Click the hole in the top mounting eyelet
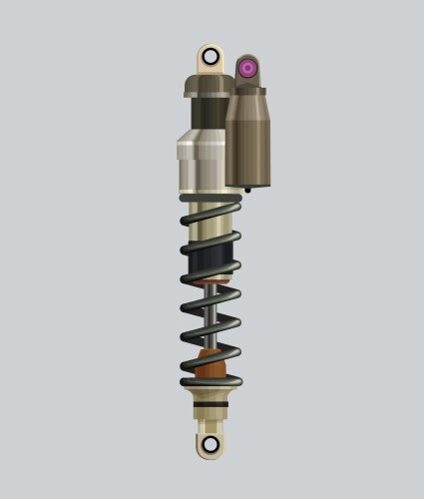point(210,56)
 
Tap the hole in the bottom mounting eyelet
point(210,444)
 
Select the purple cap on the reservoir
point(247,69)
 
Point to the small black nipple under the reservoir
point(246,188)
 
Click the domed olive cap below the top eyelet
point(207,84)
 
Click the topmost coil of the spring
point(210,219)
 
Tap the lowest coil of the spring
point(210,381)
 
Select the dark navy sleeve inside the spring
point(210,266)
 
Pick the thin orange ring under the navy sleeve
point(210,285)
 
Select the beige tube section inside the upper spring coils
point(210,232)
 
